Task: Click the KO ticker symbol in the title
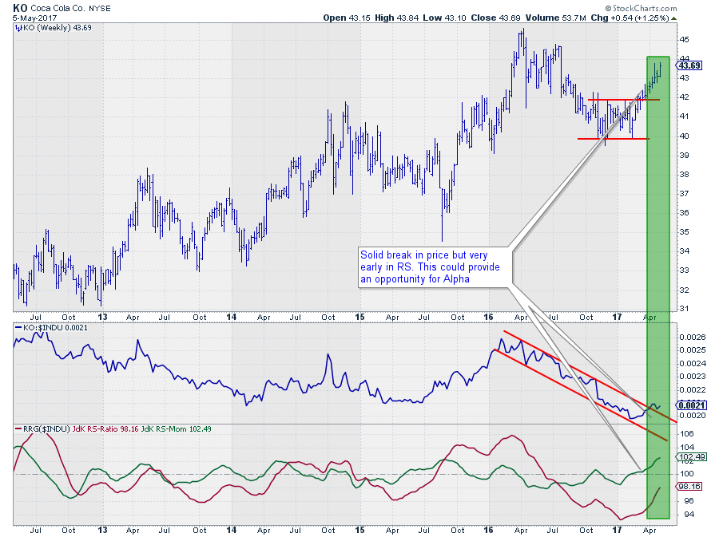(20, 6)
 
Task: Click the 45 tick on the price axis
(685, 39)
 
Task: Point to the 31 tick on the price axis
(685, 309)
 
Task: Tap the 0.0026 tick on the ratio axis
(692, 337)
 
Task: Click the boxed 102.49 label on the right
(689, 457)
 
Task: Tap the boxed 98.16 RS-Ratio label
(689, 485)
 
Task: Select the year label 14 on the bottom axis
(232, 529)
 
